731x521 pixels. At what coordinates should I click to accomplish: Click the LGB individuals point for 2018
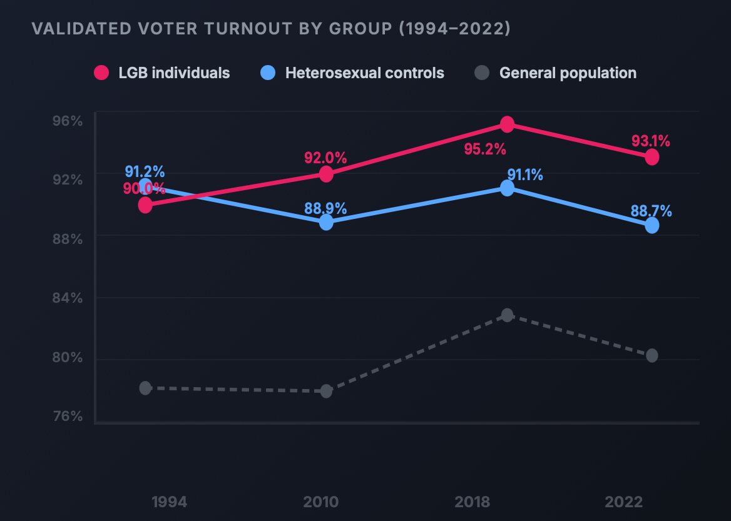tap(507, 124)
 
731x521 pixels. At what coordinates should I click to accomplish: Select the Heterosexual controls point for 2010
tap(326, 222)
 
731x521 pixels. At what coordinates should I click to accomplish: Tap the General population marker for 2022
tap(652, 355)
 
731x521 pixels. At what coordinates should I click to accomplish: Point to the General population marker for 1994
tap(145, 388)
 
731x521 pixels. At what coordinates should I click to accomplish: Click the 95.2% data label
tap(484, 149)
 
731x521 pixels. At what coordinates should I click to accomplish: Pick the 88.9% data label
tap(325, 209)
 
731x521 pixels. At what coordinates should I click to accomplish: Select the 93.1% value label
tap(651, 141)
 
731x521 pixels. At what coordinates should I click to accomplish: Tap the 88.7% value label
tap(652, 211)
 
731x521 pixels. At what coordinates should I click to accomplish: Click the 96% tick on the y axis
tap(68, 120)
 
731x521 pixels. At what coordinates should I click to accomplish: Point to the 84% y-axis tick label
tap(68, 298)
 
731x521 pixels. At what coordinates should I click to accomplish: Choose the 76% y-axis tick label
tap(68, 417)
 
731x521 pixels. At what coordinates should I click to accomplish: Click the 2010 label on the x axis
tap(321, 502)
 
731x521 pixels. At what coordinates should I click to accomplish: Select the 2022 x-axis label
tap(624, 502)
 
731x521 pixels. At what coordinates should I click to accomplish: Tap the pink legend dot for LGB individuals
tap(101, 73)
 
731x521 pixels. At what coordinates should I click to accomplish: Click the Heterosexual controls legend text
tap(364, 73)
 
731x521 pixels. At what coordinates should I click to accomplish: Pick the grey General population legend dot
tap(481, 73)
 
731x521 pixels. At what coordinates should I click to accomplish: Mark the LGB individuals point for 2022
tap(652, 157)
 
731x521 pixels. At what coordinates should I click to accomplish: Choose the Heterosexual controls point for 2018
tap(507, 188)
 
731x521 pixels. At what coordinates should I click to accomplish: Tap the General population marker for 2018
tap(507, 315)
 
